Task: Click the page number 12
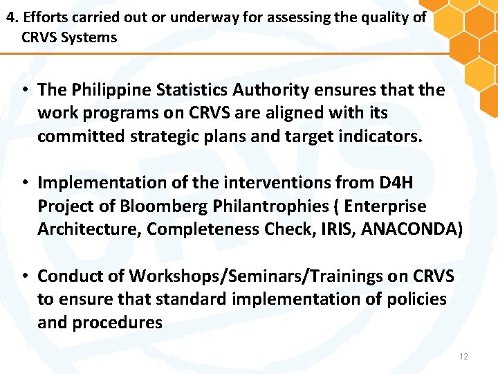(463, 356)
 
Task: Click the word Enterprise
(385, 206)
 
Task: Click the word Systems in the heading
(89, 37)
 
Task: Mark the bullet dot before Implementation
(24, 183)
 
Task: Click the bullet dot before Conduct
(24, 276)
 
